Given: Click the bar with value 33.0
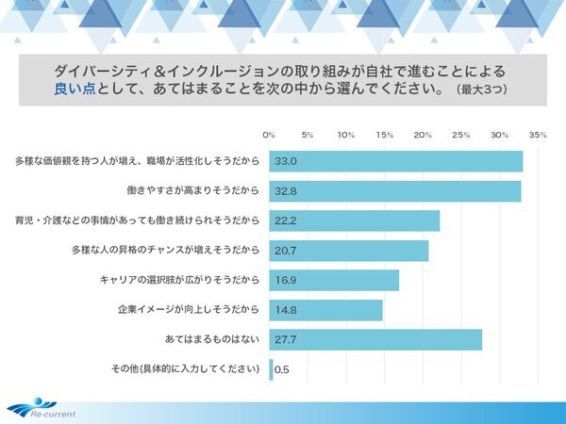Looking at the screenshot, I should click(396, 161).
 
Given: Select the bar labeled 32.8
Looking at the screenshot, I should click(395, 190).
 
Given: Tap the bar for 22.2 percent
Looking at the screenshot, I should click(355, 220).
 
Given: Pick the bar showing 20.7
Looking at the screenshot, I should click(349, 251).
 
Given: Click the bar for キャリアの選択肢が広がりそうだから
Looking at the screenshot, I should click(334, 280).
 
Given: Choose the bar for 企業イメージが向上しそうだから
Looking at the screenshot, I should click(326, 310).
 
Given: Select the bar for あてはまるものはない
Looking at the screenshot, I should click(375, 339).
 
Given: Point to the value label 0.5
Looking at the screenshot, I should click(281, 369).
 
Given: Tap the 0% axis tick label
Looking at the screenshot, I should click(269, 135).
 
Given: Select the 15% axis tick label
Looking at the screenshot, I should click(385, 135).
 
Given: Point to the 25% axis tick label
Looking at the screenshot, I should click(461, 135).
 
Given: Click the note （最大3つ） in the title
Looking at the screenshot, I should click(484, 91).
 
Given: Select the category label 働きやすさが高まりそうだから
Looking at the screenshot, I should click(192, 190).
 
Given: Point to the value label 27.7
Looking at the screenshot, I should click(286, 339).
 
